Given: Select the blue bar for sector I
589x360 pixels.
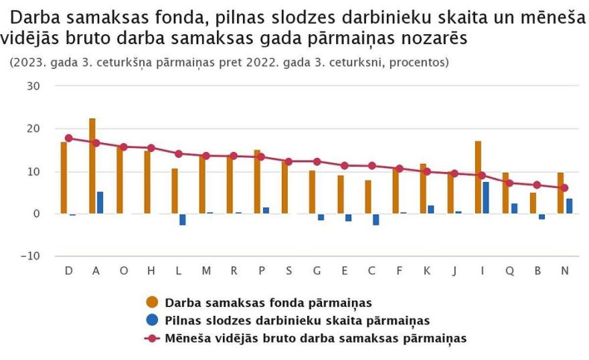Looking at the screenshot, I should tap(486, 197).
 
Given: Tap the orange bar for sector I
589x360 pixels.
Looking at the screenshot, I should tap(478, 177).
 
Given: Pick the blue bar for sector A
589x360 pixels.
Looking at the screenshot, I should tap(100, 203).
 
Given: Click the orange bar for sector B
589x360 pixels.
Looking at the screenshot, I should tap(533, 203).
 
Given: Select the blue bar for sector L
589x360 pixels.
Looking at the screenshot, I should tap(182, 219).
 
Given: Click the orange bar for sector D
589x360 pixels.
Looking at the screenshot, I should tap(64, 178).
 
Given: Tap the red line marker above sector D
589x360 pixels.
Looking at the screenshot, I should tap(68, 139).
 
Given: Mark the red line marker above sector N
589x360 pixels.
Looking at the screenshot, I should tap(564, 188).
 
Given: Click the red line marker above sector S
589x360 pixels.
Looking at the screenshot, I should tap(288, 161).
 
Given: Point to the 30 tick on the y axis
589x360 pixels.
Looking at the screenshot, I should tap(33, 86).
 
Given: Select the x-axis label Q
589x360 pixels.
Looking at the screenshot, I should tap(509, 270).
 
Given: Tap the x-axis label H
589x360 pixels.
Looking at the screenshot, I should tap(151, 270).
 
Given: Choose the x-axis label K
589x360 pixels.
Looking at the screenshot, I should tap(426, 270).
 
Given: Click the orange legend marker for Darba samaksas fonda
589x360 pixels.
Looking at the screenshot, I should tap(152, 303).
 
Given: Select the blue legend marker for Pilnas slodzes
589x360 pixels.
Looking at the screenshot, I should tap(152, 321).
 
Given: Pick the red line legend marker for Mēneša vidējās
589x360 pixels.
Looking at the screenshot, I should tap(152, 338).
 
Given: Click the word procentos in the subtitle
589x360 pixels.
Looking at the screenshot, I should tap(419, 62).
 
